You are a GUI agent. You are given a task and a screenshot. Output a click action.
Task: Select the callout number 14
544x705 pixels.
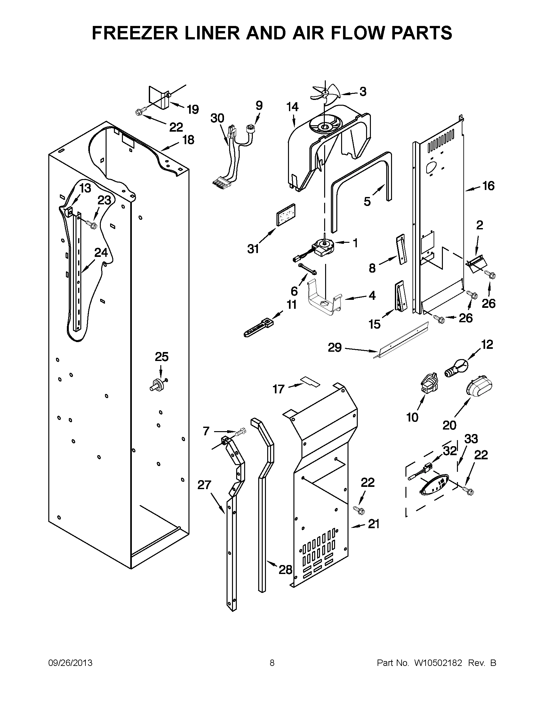click(x=292, y=107)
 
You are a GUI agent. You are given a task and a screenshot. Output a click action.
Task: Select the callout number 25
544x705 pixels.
click(x=162, y=357)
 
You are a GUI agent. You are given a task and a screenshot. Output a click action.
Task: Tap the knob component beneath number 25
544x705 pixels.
click(x=158, y=384)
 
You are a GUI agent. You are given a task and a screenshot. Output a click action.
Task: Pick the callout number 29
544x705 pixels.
click(x=334, y=348)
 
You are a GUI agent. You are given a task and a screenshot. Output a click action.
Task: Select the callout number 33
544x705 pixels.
click(x=471, y=439)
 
